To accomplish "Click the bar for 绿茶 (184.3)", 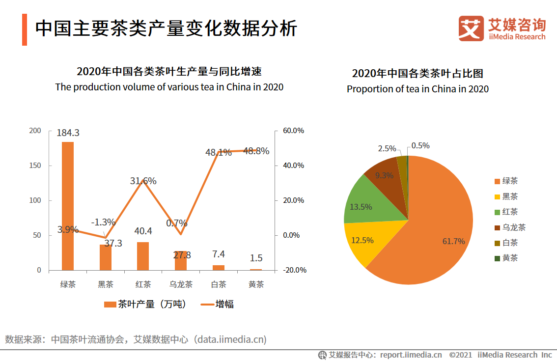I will click(68, 206).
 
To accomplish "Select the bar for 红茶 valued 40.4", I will click(143, 256).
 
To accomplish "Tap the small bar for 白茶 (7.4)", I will click(219, 268).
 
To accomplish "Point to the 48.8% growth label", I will click(256, 151).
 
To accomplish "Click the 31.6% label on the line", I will click(143, 181).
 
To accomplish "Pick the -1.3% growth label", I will click(103, 222).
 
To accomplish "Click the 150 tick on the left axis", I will click(35, 166).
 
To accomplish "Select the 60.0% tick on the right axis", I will click(293, 131).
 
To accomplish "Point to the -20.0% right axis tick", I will click(293, 270).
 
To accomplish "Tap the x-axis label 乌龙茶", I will click(181, 284).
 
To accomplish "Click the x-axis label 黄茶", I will click(256, 284).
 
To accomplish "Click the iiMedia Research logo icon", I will click(471, 28).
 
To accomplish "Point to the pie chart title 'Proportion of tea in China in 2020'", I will click(418, 89).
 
